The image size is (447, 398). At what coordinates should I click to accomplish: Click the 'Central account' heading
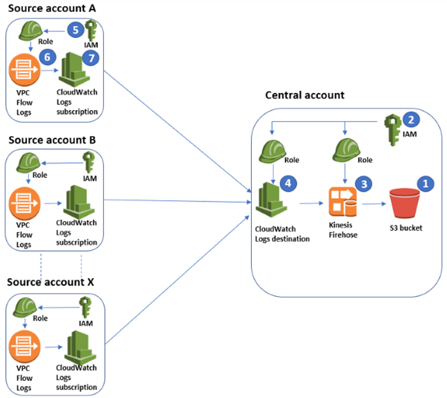(305, 95)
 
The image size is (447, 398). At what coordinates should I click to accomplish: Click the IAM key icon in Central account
(392, 128)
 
